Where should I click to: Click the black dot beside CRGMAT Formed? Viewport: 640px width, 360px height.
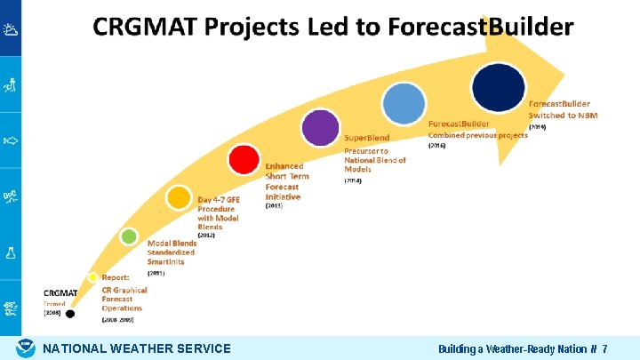click(x=70, y=313)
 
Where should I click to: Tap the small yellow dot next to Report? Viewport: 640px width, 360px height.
click(x=92, y=277)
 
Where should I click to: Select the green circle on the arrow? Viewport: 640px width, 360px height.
click(x=130, y=236)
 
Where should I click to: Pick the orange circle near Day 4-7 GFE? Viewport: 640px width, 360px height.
click(x=179, y=196)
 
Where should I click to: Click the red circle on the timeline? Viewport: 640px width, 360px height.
click(x=244, y=160)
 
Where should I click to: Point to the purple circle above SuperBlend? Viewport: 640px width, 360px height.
click(x=319, y=128)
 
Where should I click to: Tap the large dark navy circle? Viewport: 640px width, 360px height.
click(x=497, y=86)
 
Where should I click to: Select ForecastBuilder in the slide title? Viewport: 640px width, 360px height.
click(x=480, y=27)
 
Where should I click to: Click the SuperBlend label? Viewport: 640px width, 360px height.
click(x=368, y=140)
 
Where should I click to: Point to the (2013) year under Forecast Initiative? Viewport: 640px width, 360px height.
click(x=275, y=205)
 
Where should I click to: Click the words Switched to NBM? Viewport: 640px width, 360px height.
click(x=563, y=116)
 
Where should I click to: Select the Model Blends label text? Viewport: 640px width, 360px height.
click(x=172, y=243)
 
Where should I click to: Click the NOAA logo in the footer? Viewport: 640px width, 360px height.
click(x=27, y=348)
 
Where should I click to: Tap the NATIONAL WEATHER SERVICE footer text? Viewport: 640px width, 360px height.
click(x=137, y=349)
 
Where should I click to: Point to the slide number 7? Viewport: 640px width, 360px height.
click(x=604, y=349)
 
